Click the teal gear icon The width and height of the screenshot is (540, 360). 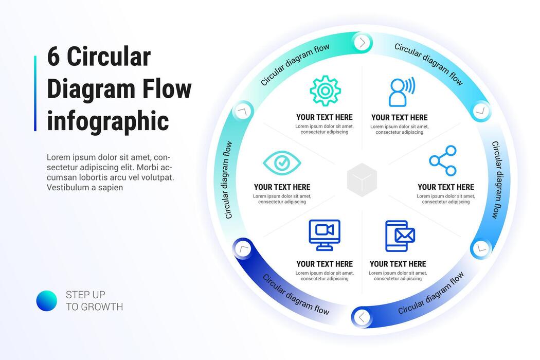[x=325, y=91]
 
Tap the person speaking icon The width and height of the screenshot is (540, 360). [x=401, y=92]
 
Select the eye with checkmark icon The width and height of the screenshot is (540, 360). [x=282, y=163]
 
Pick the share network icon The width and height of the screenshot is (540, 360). [x=443, y=161]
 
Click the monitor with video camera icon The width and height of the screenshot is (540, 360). [x=325, y=235]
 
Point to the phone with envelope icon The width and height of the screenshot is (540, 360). [x=400, y=236]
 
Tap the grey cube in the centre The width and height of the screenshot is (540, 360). [x=362, y=179]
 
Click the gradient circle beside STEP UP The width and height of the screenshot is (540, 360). [x=47, y=301]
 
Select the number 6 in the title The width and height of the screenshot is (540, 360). [x=53, y=57]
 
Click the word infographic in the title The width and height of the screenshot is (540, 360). [x=108, y=121]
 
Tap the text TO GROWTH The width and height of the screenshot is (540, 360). [x=94, y=307]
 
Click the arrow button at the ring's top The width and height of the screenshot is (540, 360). [x=363, y=42]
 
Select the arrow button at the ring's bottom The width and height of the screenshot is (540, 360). [x=362, y=317]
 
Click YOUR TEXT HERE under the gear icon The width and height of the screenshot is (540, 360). [x=325, y=117]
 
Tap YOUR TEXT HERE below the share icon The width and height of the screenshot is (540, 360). [x=446, y=187]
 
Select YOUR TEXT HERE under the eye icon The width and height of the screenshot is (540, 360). [x=282, y=187]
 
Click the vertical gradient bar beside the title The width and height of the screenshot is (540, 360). [x=35, y=93]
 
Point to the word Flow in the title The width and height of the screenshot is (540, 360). [x=168, y=89]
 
